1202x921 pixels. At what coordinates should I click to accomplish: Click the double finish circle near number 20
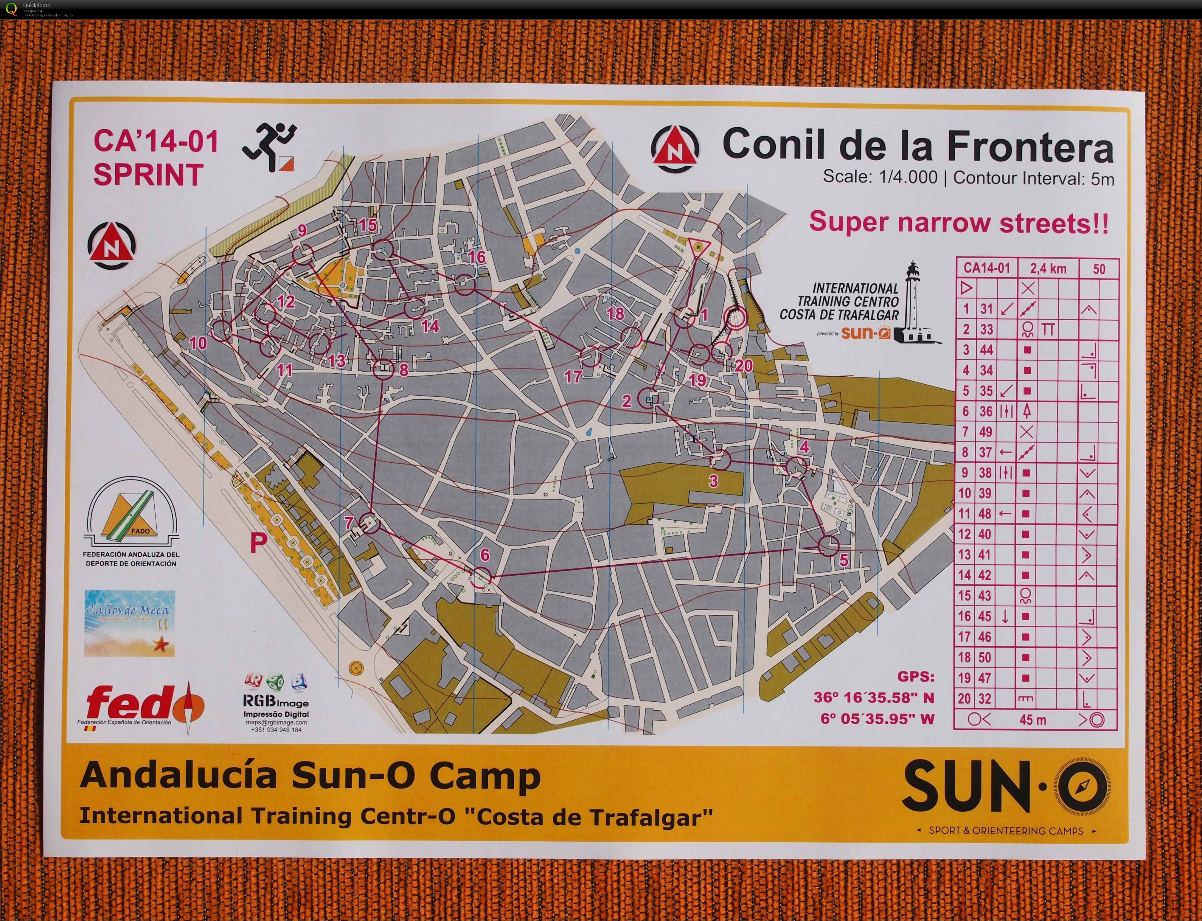(x=736, y=318)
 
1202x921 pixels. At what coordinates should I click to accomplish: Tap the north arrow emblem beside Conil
(x=675, y=149)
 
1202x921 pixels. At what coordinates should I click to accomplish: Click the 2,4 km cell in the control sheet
(x=1048, y=268)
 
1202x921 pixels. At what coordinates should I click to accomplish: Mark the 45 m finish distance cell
(x=1033, y=720)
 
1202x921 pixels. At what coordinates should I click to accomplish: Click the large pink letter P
(x=259, y=543)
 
